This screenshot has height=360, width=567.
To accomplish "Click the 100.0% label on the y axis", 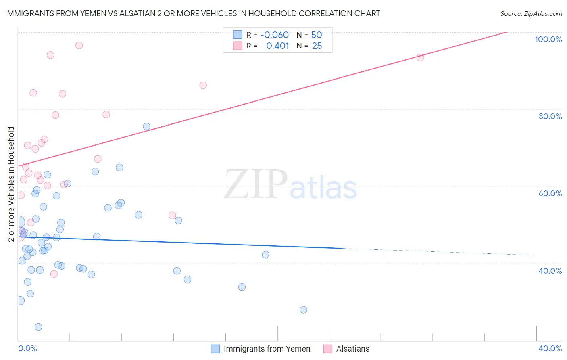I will coord(548,39).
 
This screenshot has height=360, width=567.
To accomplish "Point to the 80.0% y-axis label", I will coord(550,116).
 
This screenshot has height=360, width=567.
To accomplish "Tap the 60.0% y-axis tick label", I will coord(550,193).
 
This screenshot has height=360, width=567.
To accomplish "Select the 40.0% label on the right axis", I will coord(550,271).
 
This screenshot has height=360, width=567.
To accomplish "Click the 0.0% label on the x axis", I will coord(27,348).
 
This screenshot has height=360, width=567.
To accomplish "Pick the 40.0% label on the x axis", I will coord(550,348).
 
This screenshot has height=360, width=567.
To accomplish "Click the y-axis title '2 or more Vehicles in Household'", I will coord(11,184).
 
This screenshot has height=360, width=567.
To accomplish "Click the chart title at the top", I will coord(192,14).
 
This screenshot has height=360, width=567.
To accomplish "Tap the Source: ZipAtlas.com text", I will coord(531,14).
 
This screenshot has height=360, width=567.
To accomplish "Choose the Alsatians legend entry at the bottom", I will coord(352,349).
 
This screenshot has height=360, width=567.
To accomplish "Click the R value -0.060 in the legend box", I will coord(274,35).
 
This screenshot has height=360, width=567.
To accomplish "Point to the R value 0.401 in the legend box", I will coord(277,46).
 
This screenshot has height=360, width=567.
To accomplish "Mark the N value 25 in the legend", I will coord(317,46).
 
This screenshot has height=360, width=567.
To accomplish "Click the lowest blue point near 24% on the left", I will coord(38,327).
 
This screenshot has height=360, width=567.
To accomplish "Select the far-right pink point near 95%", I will coord(420,57).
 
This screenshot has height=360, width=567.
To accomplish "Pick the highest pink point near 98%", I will coord(79,45).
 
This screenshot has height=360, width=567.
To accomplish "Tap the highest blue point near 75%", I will coord(147,127).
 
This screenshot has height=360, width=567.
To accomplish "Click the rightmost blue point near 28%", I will coord(303,310).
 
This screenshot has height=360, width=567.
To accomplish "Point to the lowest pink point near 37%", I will coord(54,274).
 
